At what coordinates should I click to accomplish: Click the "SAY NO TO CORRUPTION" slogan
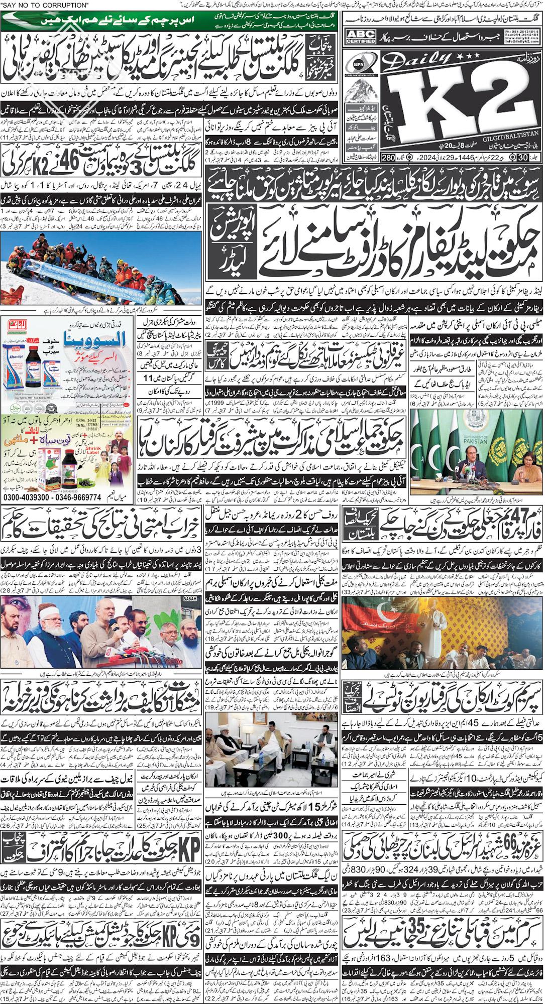[45, 5]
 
